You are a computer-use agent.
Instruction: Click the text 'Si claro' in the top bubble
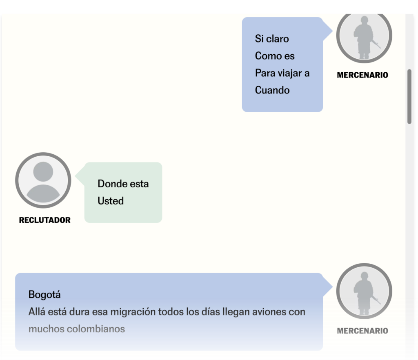click(272, 39)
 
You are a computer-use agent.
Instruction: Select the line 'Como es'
click(275, 56)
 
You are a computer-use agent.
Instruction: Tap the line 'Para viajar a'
click(282, 73)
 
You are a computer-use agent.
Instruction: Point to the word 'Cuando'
click(272, 90)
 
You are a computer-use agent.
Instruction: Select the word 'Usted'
click(111, 201)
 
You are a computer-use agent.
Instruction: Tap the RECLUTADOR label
click(45, 220)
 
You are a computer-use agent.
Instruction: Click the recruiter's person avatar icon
click(43, 180)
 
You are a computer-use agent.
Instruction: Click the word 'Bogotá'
click(44, 294)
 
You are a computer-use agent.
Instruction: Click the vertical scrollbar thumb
click(409, 96)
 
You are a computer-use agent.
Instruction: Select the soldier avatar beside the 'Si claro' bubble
click(364, 37)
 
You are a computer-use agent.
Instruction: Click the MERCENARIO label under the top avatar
click(362, 75)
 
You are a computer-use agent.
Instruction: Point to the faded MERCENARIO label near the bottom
click(362, 331)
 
